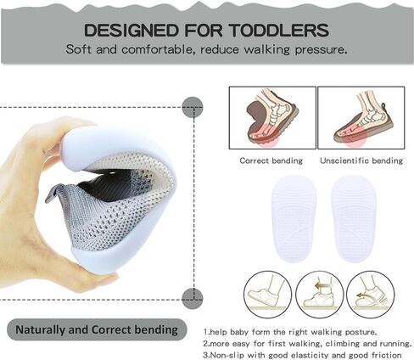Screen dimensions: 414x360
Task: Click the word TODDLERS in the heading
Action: point(278,30)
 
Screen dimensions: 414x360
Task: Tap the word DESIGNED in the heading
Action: point(131,30)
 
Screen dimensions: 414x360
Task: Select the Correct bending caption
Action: point(271,160)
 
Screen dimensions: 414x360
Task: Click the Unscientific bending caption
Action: point(361,160)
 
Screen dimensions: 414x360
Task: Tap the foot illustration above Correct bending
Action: point(272,118)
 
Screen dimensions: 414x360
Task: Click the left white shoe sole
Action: point(294,219)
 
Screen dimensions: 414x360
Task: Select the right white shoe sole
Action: point(354,219)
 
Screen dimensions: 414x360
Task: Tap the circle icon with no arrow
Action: point(267,295)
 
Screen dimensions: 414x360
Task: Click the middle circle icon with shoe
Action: point(320,295)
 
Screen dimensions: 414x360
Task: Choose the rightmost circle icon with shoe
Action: point(371,295)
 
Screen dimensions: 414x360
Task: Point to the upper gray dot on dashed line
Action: point(193,107)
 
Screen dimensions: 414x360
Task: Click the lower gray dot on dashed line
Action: point(193,299)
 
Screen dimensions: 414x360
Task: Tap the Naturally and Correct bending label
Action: point(97,329)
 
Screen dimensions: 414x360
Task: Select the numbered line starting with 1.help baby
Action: point(290,332)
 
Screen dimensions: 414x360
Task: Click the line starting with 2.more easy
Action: point(307,344)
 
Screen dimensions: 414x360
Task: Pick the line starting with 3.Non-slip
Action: point(302,355)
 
